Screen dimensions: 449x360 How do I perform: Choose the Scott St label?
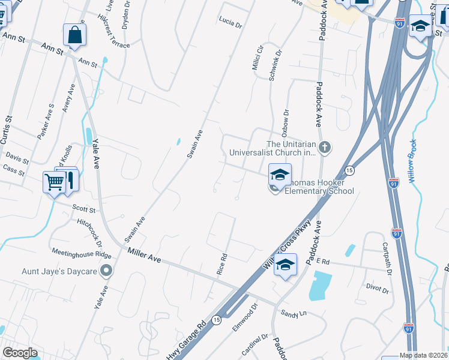84,210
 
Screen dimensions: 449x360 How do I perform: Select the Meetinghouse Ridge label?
82,254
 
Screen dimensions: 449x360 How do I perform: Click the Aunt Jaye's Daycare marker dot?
107,271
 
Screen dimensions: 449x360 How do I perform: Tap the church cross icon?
325,147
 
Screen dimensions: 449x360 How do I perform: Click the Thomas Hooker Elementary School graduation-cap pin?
280,175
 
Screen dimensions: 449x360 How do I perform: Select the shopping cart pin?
54,181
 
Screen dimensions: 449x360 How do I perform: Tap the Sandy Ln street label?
294,313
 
